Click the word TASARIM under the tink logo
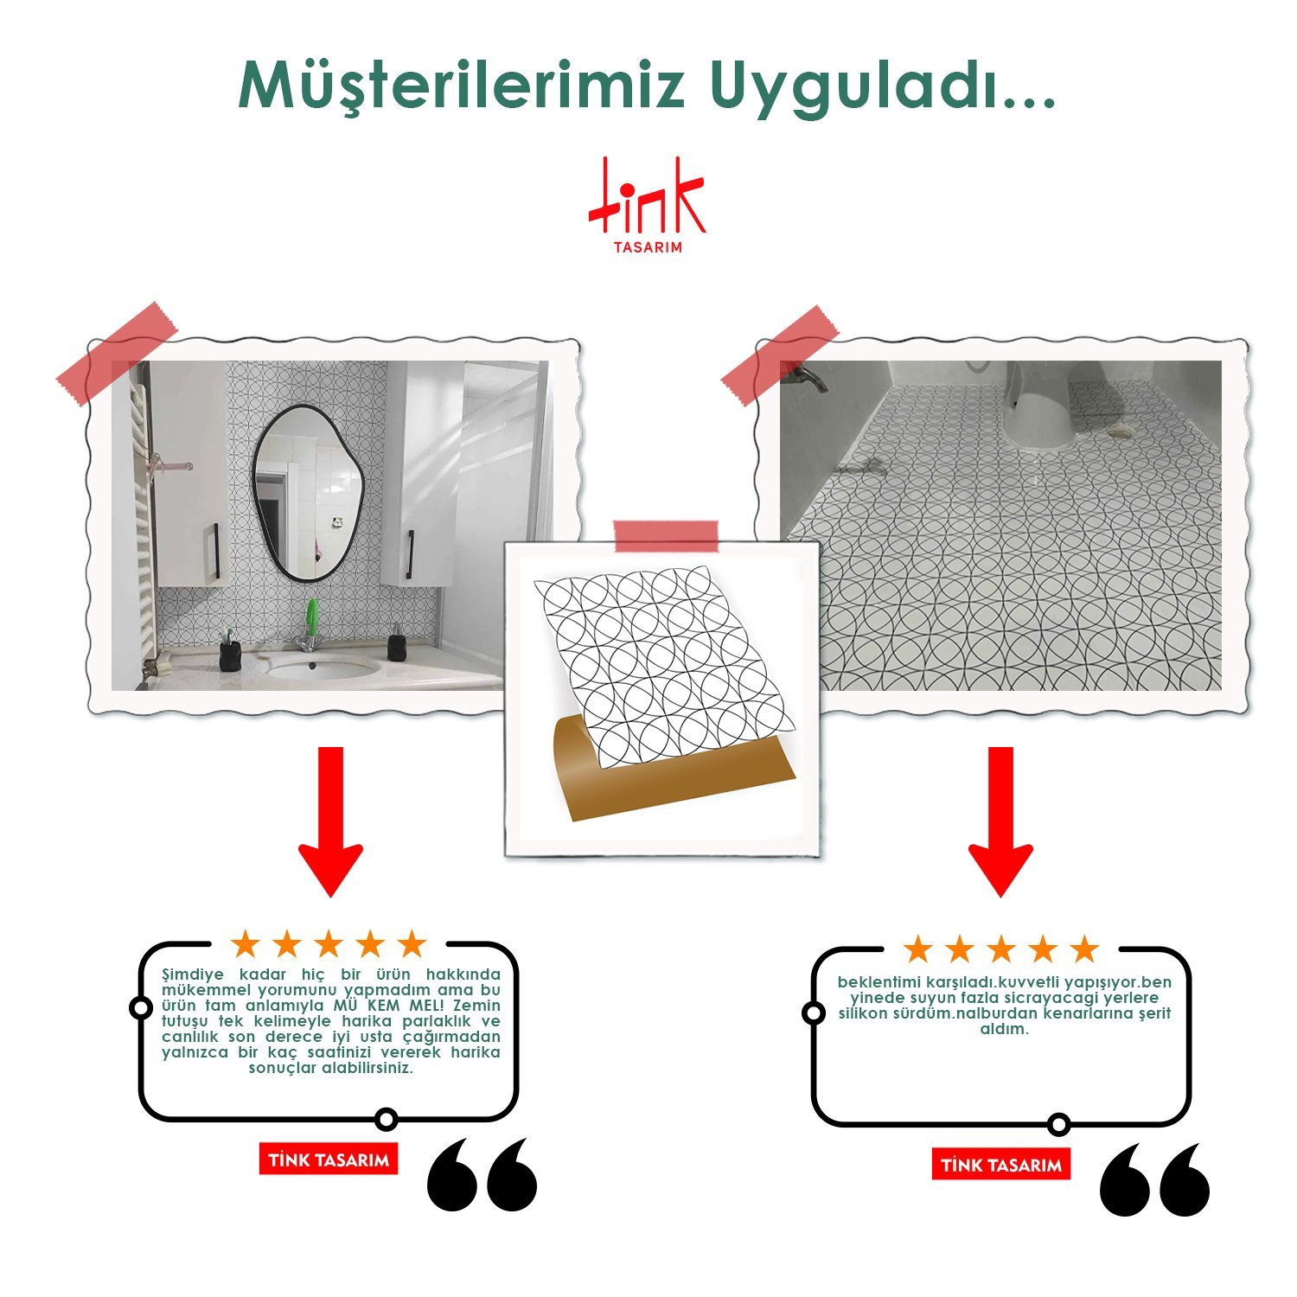click(x=648, y=247)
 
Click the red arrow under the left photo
click(x=330, y=821)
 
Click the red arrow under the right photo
click(x=1000, y=821)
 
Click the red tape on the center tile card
click(x=665, y=536)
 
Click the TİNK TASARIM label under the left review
click(x=329, y=1160)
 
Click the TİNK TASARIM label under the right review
click(x=1001, y=1165)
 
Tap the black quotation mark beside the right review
click(x=1154, y=1179)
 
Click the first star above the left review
click(x=246, y=944)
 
